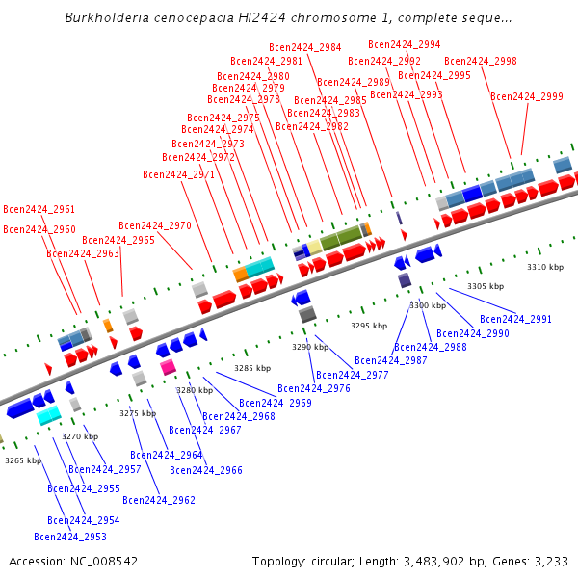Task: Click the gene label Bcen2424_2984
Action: pyautogui.click(x=304, y=47)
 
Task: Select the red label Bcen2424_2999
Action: pyautogui.click(x=526, y=96)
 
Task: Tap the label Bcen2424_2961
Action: pyautogui.click(x=39, y=209)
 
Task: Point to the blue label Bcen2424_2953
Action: pyautogui.click(x=69, y=537)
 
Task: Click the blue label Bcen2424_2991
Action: pyautogui.click(x=515, y=319)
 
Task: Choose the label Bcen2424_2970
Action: pyautogui.click(x=154, y=225)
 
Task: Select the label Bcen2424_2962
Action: pyautogui.click(x=158, y=500)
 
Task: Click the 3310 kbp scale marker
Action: pyautogui.click(x=544, y=267)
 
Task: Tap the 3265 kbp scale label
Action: pyautogui.click(x=23, y=460)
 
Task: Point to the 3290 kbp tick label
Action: pyautogui.click(x=310, y=347)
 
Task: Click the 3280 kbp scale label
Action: pyautogui.click(x=194, y=390)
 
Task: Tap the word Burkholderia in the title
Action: pyautogui.click(x=107, y=17)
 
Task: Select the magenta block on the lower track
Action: pyautogui.click(x=168, y=367)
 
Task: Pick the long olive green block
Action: pyautogui.click(x=341, y=237)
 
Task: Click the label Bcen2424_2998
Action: pyautogui.click(x=480, y=61)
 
